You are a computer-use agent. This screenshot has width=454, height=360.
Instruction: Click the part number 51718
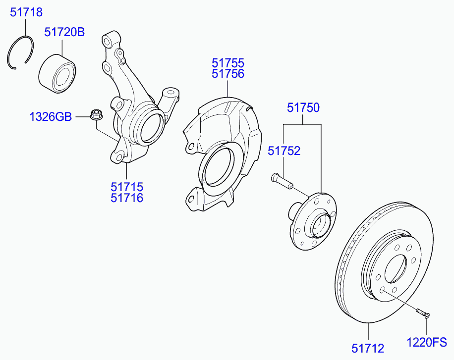pos(26,13)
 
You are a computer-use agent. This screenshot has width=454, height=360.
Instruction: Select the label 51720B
pos(64,33)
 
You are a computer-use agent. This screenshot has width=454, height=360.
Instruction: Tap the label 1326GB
pos(51,117)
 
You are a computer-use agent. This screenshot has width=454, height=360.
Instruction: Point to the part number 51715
pos(127,187)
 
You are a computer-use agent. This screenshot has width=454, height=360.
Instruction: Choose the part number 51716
pos(127,198)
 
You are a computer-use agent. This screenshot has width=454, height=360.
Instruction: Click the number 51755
pos(228,63)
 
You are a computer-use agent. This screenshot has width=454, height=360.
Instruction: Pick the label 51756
pos(228,74)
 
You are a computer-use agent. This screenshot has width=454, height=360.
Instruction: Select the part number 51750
pos(303,107)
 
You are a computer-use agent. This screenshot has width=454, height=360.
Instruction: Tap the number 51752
pos(284,151)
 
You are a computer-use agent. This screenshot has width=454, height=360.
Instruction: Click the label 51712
pos(367,349)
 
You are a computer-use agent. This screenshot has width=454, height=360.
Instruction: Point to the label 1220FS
pos(427,342)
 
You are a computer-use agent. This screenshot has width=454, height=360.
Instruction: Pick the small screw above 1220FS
pos(422,312)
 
